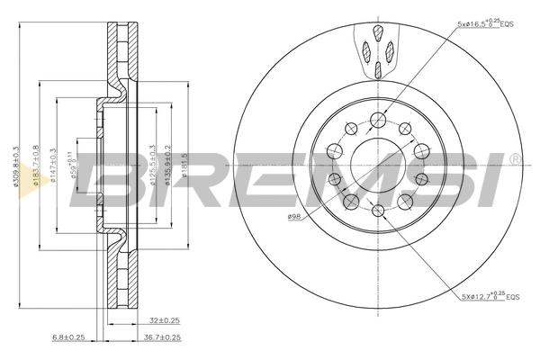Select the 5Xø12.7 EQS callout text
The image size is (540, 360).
click(486, 295)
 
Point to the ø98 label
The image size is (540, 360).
click(293, 217)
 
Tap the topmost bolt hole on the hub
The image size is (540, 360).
click(379, 119)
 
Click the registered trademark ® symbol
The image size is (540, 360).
click(514, 159)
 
